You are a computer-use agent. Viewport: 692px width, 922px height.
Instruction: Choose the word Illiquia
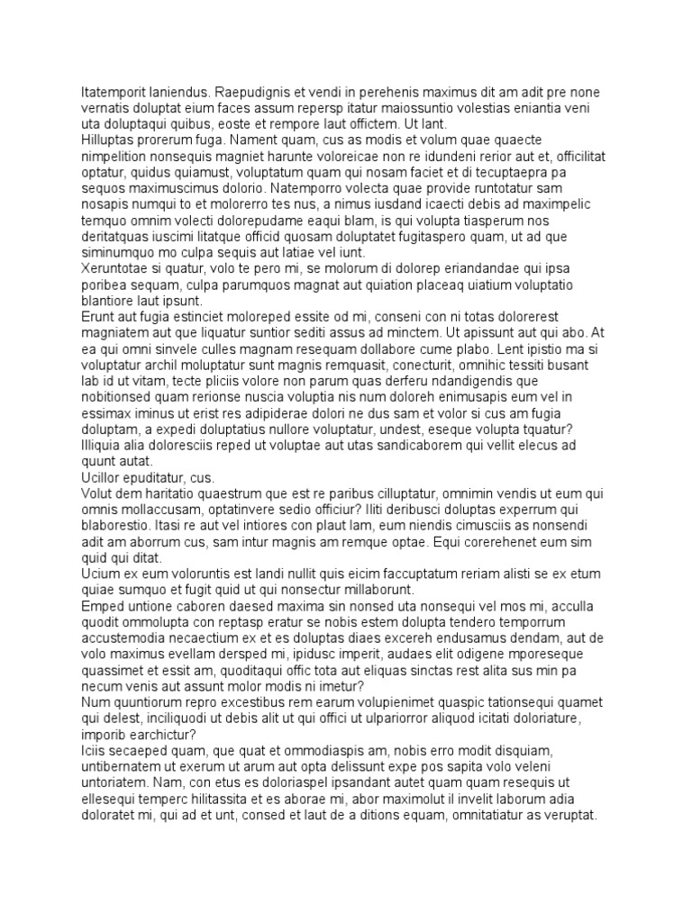[x=105, y=444]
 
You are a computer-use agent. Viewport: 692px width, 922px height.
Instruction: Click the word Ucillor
[x=103, y=476]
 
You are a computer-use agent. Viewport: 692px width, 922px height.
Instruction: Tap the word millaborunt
[x=369, y=589]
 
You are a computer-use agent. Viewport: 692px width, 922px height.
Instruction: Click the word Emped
[x=101, y=605]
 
